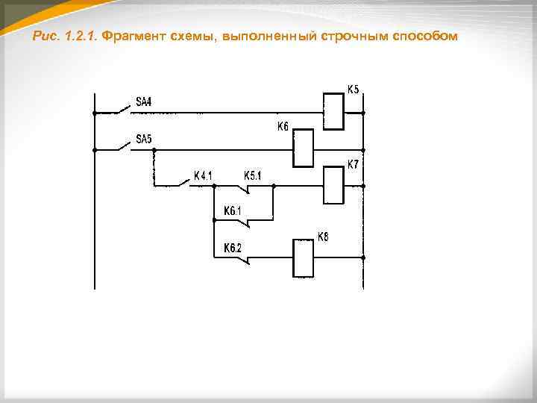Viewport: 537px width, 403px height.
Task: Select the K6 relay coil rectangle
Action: [x=304, y=148]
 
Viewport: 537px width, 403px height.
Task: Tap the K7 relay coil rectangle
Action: [x=333, y=184]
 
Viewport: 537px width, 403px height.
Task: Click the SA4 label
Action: [x=143, y=101]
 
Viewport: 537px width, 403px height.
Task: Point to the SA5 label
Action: [x=143, y=139]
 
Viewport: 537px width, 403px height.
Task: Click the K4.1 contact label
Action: [x=204, y=176]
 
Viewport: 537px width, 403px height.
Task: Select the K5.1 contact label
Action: [x=253, y=176]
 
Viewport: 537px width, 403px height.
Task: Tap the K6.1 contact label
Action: [x=233, y=211]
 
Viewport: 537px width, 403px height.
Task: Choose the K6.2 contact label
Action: [x=233, y=248]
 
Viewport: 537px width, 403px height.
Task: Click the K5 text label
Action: [x=353, y=90]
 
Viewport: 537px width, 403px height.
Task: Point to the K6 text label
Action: [x=283, y=127]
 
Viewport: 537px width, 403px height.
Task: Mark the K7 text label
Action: [x=353, y=163]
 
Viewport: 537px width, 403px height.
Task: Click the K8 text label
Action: [x=324, y=237]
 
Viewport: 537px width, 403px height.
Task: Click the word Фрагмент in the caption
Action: [x=130, y=37]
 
